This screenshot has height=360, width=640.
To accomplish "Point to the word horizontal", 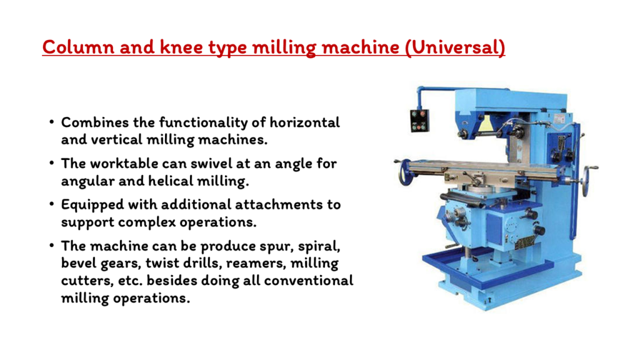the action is [x=304, y=122].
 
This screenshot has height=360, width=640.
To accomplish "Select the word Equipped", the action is [x=92, y=204].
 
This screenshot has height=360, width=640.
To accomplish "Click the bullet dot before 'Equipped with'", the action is [x=51, y=203].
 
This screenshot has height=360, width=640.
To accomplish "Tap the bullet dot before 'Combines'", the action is [x=51, y=121].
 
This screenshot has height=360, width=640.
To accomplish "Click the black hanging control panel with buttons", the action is [x=419, y=121].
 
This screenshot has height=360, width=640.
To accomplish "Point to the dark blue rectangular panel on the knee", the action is [x=494, y=227].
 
